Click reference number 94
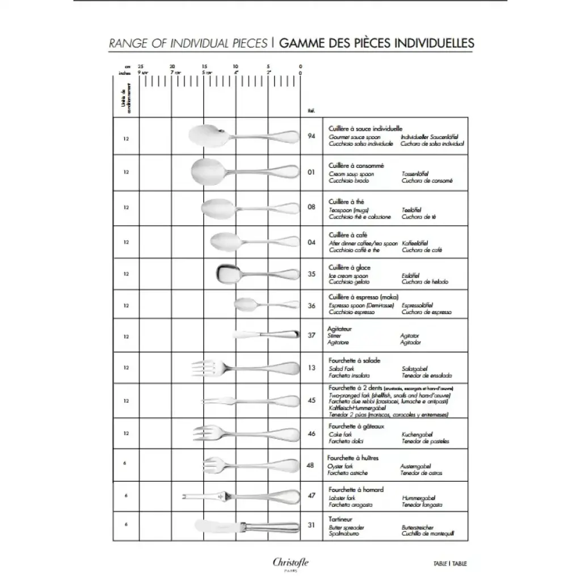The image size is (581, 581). point(311,136)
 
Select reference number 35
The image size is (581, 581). point(311,273)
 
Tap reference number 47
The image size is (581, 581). point(311,495)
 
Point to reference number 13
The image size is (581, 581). point(311,368)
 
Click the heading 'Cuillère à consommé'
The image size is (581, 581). point(356,165)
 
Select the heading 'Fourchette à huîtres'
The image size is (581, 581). point(352,457)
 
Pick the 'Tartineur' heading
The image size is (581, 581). point(340,519)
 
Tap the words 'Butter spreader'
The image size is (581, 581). point(347,527)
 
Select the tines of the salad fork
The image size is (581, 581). point(202,368)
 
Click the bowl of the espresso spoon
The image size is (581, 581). point(245,305)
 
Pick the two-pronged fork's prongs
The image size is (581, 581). point(213,400)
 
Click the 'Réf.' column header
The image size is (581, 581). point(311,111)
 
